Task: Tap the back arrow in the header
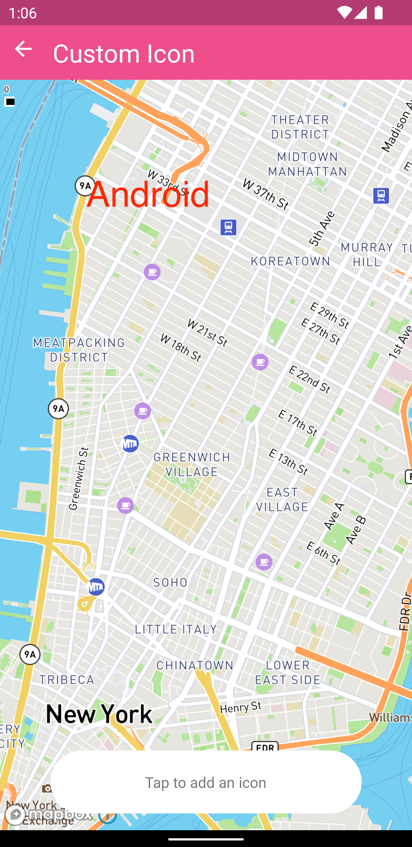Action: pyautogui.click(x=23, y=49)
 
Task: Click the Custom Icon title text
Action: pyautogui.click(x=124, y=53)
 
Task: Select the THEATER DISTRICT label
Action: pyautogui.click(x=300, y=127)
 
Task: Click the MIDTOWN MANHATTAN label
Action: pyautogui.click(x=307, y=164)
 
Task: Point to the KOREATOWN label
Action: pyautogui.click(x=290, y=261)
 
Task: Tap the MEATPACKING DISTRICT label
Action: pyautogui.click(x=79, y=350)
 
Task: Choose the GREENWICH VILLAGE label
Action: pyautogui.click(x=192, y=464)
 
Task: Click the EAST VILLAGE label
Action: pyautogui.click(x=282, y=499)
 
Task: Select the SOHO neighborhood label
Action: pyautogui.click(x=170, y=583)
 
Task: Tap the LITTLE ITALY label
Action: pyautogui.click(x=176, y=629)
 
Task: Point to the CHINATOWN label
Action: pyautogui.click(x=195, y=665)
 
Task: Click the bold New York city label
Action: pyautogui.click(x=99, y=714)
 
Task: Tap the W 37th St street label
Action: pyautogui.click(x=266, y=195)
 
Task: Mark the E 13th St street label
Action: pyautogui.click(x=288, y=462)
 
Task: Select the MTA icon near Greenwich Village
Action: pyautogui.click(x=130, y=444)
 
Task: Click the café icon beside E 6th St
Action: pyautogui.click(x=264, y=562)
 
